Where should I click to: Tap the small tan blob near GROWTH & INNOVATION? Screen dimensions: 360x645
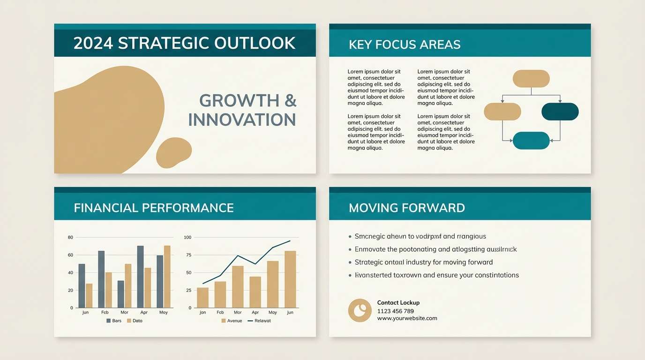click(173, 153)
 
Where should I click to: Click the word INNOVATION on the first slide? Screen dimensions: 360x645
click(242, 120)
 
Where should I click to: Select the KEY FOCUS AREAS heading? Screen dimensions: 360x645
click(405, 45)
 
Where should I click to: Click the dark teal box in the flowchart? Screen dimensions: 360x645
click(560, 112)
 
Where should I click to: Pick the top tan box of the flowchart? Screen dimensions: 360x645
click(531, 79)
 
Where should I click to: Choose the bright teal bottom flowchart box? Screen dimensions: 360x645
click(531, 141)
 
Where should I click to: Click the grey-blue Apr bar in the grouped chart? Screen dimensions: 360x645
click(140, 276)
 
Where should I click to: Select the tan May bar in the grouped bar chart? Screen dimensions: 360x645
click(167, 276)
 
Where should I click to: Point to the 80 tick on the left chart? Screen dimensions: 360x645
click(70, 238)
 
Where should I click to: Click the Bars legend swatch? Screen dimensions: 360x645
click(109, 321)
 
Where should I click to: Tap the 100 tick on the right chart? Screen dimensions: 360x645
click(187, 238)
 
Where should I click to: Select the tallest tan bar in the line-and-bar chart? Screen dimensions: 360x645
click(290, 279)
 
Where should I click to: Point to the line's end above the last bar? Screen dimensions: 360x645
click(290, 241)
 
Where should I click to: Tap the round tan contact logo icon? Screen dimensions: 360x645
click(360, 310)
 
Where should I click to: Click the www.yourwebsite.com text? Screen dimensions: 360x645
click(407, 318)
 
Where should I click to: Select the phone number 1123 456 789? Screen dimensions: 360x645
click(395, 311)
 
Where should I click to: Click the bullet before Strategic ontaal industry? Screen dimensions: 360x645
click(350, 262)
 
